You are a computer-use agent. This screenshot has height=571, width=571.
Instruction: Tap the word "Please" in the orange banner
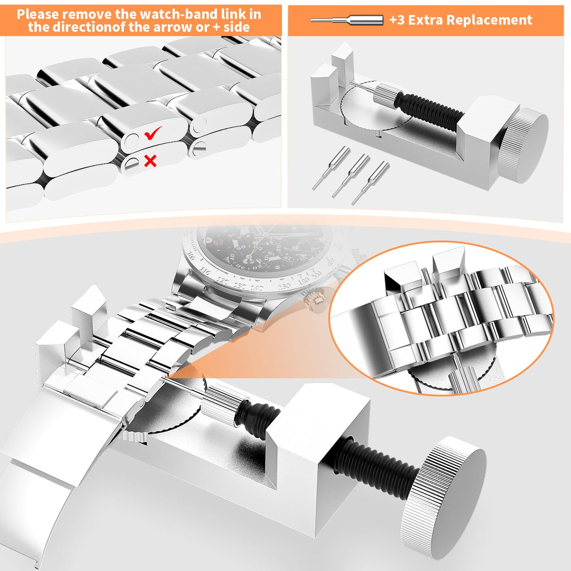pos(38,14)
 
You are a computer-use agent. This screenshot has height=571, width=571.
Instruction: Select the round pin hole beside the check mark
pos(131,141)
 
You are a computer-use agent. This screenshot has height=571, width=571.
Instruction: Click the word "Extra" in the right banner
pos(427,20)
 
